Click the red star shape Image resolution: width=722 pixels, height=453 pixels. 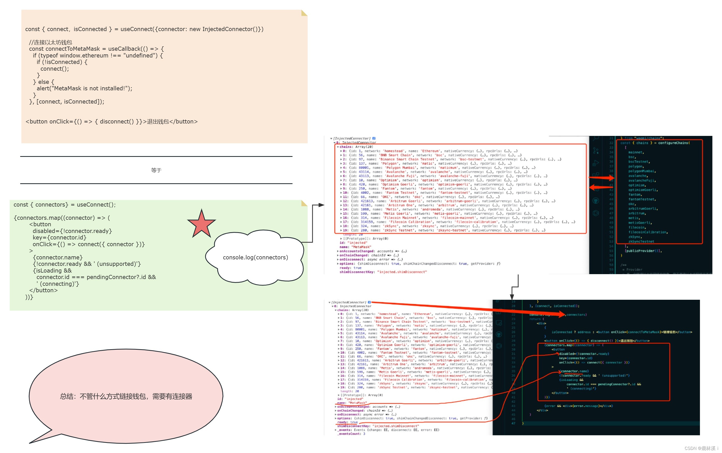[201, 224]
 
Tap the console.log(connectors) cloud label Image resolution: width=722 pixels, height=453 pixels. [255, 257]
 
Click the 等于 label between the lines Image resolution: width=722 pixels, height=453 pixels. [156, 170]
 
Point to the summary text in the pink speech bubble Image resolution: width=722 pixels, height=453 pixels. [126, 396]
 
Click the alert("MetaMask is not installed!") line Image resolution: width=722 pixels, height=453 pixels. [84, 88]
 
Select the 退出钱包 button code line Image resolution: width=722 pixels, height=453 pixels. [112, 121]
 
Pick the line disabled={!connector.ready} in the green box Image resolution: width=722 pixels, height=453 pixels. [72, 231]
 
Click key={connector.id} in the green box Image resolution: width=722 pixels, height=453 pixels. [59, 238]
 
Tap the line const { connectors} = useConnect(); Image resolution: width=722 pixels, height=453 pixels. [64, 205]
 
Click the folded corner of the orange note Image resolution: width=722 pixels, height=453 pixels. [304, 13]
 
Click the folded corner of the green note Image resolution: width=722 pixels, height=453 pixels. [304, 203]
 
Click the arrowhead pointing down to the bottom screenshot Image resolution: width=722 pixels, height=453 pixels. [512, 297]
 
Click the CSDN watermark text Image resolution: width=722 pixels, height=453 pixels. [701, 448]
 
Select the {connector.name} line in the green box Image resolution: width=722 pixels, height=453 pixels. [57, 257]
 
